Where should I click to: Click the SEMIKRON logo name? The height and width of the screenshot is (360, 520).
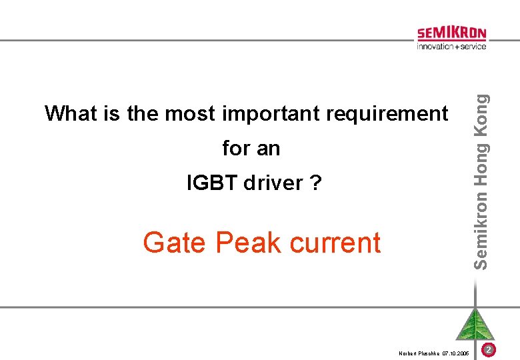tap(451, 33)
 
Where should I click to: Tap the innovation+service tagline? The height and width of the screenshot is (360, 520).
tap(451, 46)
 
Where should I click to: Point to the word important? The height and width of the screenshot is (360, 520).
tap(273, 115)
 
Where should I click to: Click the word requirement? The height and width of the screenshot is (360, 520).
tap(387, 115)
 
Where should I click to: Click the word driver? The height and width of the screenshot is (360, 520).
tap(273, 182)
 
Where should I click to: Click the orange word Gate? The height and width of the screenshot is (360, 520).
tap(175, 243)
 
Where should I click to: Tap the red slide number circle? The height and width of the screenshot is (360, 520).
tap(488, 350)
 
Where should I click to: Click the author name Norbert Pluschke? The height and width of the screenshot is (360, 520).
tap(418, 352)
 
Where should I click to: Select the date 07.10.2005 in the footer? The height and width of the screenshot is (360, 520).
tap(455, 352)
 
